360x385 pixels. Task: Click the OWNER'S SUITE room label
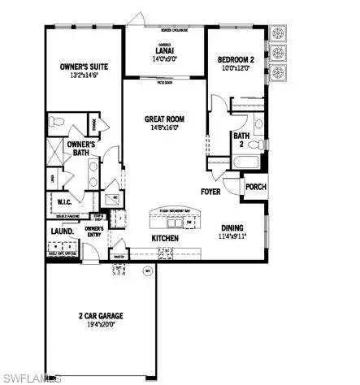[85, 67]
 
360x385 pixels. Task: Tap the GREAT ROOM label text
[165, 117]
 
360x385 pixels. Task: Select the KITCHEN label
[165, 238]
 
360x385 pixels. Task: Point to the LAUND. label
[63, 231]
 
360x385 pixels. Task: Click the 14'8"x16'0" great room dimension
[165, 127]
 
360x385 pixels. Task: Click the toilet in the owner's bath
[53, 123]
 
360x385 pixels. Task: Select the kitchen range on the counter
[166, 253]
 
